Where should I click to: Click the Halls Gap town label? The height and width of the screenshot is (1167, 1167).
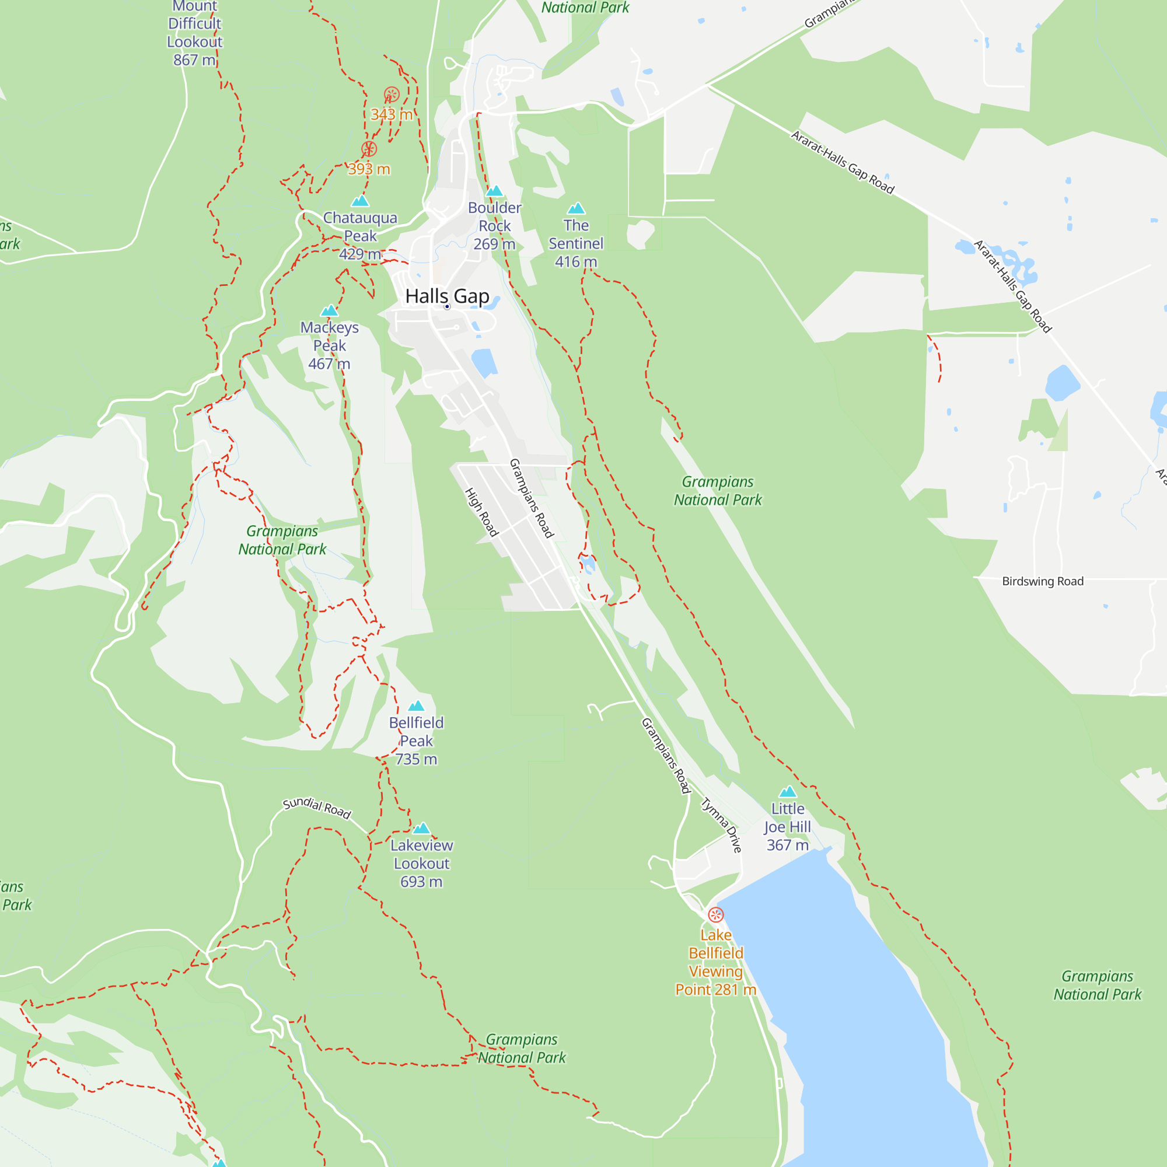click(x=447, y=296)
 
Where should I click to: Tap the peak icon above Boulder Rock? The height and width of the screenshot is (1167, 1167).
click(x=494, y=191)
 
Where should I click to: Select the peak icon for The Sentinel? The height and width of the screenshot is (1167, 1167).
click(x=576, y=208)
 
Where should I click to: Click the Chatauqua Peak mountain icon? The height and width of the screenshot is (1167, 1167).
click(x=360, y=201)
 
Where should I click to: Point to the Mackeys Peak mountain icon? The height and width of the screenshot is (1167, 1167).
click(x=329, y=310)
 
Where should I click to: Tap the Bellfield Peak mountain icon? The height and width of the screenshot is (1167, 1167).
click(x=416, y=705)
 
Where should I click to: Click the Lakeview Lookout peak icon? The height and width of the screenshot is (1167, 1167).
click(x=421, y=828)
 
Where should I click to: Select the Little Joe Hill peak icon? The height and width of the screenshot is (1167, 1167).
click(x=787, y=791)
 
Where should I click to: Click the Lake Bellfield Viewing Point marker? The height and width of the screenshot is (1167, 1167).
click(x=715, y=914)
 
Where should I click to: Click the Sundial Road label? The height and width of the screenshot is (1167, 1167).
click(x=316, y=807)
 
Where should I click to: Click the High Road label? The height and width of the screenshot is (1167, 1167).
click(x=481, y=512)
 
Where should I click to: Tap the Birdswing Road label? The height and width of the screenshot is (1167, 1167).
click(x=1043, y=581)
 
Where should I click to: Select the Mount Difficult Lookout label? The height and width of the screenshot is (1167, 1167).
click(x=194, y=33)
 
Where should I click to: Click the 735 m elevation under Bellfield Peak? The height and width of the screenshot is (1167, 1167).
click(x=416, y=759)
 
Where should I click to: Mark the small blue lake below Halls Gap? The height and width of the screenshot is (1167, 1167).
click(x=483, y=362)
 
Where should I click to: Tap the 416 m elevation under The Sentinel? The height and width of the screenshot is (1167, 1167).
click(x=576, y=261)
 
